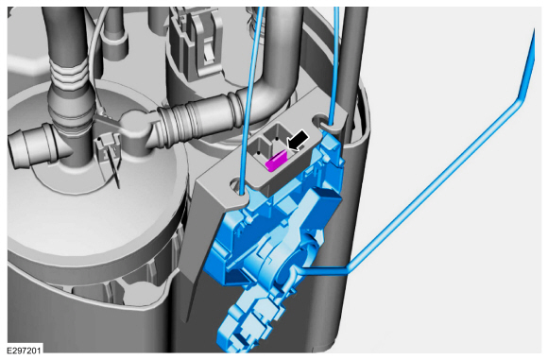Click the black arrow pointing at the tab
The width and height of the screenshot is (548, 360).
click(298, 142)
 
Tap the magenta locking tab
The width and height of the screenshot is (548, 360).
click(276, 161)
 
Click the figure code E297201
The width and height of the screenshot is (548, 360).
click(24, 350)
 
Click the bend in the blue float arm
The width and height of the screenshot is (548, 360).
click(517, 104)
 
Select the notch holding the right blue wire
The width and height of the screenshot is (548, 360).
click(326, 121)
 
